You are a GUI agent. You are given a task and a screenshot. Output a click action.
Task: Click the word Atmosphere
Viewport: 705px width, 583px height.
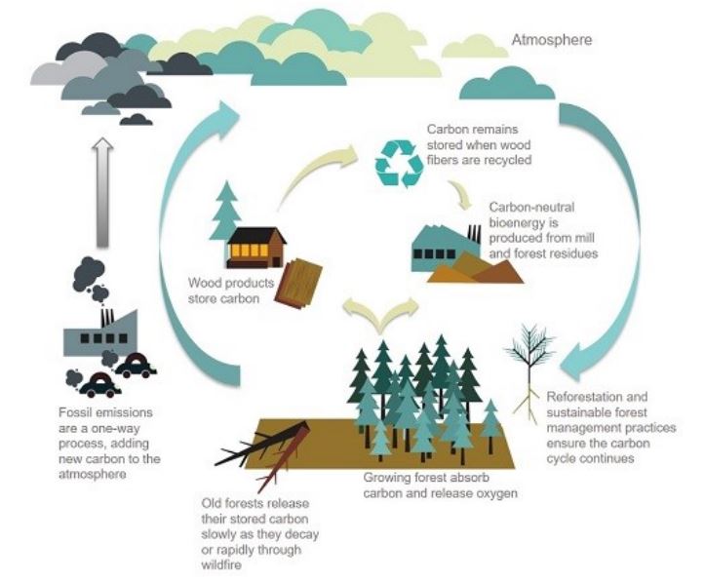point(551,41)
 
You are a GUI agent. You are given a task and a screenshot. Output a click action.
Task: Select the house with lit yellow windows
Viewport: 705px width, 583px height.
point(255,248)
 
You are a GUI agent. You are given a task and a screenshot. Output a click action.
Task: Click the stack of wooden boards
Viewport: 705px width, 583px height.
point(297,284)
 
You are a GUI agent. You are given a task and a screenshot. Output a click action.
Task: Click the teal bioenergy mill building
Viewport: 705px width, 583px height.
point(444,250)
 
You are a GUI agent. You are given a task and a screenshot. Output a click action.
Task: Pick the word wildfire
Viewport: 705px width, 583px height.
point(220,563)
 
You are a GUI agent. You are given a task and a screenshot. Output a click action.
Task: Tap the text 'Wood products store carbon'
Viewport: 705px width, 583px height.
point(225,291)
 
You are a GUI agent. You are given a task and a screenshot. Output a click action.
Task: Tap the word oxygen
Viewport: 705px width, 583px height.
point(495,493)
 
